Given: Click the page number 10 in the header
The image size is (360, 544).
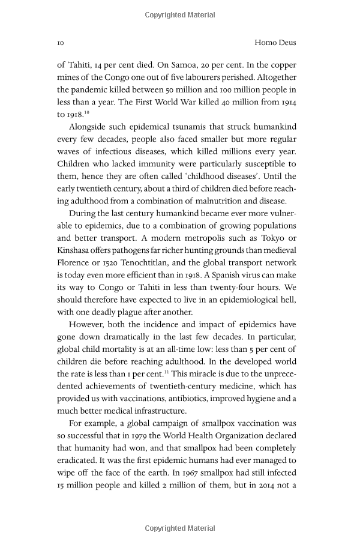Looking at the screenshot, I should click(x=61, y=43).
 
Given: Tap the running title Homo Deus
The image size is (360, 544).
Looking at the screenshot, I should click(x=275, y=43).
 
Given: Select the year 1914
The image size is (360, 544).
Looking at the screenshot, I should click(x=286, y=102).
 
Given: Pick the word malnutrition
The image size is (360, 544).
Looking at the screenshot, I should click(x=215, y=201).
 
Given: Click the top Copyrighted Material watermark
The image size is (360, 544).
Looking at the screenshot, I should click(x=180, y=13).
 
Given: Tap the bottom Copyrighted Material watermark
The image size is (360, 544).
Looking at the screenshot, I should click(x=180, y=528).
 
